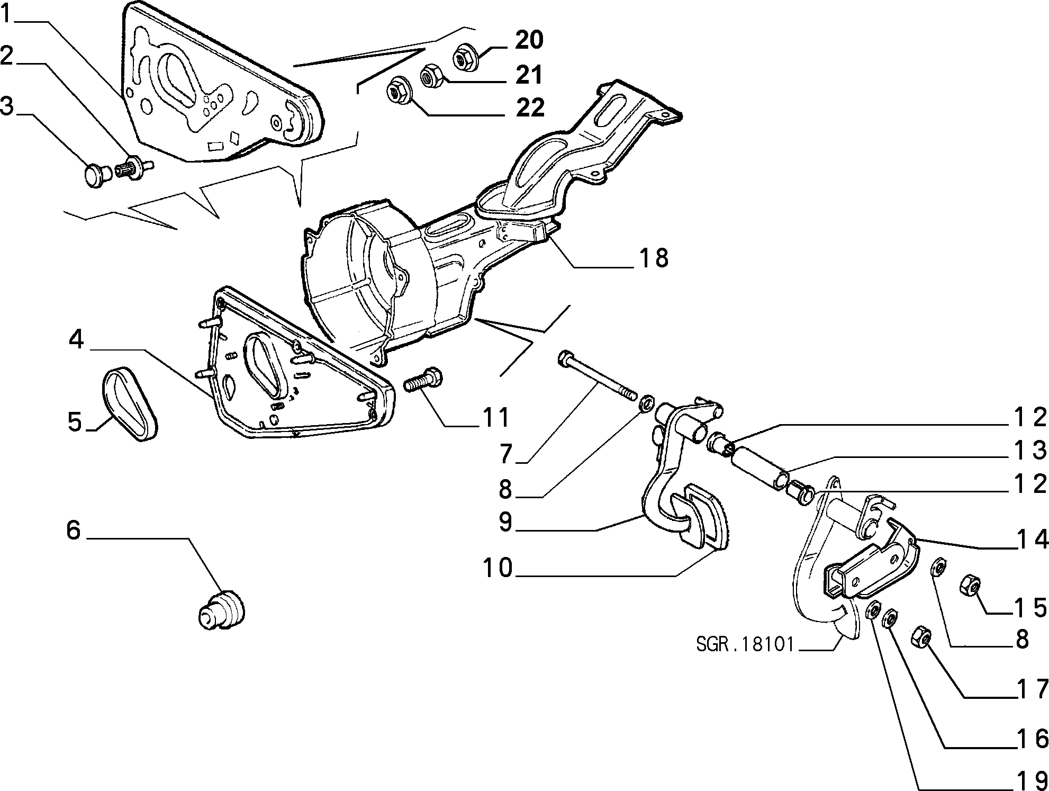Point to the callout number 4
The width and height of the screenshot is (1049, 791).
click(76, 339)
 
